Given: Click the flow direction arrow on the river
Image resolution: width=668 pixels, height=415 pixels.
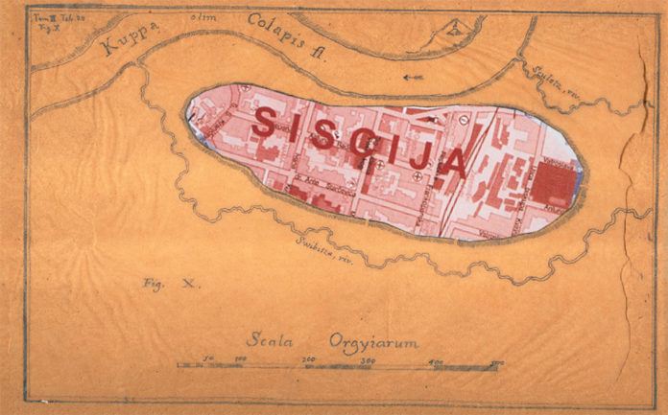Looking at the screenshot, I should [x=414, y=78].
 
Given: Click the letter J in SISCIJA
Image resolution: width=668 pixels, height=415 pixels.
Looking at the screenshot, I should [x=422, y=158].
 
